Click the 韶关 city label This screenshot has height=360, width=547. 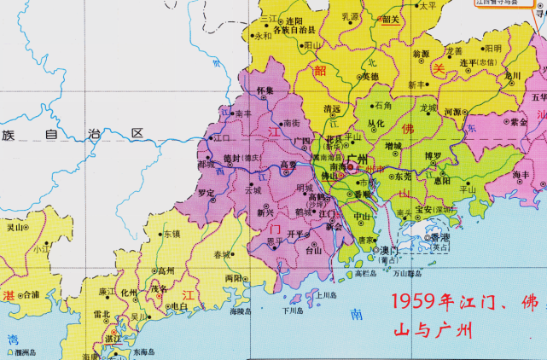391,19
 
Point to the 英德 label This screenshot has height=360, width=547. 369,76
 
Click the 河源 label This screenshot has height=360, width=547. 451,112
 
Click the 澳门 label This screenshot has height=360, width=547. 390,250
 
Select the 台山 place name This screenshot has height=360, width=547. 314,251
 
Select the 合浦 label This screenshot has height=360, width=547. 30,294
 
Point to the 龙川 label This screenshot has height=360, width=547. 511,75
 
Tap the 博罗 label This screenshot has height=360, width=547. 434,156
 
